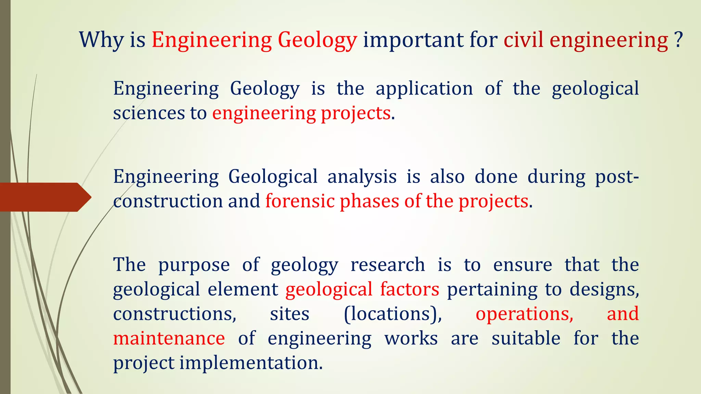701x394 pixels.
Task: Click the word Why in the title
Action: tap(101, 40)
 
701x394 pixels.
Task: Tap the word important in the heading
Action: tap(413, 40)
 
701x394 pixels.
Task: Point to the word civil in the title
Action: tap(523, 40)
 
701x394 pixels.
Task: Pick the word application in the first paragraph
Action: tap(424, 89)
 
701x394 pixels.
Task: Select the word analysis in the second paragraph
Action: tap(362, 177)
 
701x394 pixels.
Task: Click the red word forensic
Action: tap(300, 201)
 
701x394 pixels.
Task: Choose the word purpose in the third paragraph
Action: tap(194, 265)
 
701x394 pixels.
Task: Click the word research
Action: tap(388, 265)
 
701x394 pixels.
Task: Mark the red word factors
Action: tap(409, 289)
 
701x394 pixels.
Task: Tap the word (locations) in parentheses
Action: tap(393, 314)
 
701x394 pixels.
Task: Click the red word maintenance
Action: tap(169, 338)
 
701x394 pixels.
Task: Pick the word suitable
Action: tap(526, 338)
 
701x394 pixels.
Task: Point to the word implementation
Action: tap(251, 363)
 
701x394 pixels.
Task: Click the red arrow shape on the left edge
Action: tap(44, 197)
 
